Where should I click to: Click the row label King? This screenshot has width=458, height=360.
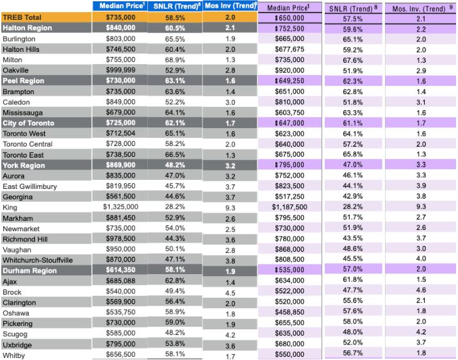[x=10, y=208]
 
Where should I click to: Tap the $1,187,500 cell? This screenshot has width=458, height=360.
[x=290, y=207]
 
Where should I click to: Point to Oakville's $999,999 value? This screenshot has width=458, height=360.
[x=120, y=70]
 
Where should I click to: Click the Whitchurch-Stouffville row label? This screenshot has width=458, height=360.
[x=37, y=260]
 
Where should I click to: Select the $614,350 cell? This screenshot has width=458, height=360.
[x=120, y=271]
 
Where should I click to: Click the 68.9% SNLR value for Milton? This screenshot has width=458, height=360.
[x=175, y=60]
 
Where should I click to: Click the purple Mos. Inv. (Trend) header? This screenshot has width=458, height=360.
[x=421, y=9]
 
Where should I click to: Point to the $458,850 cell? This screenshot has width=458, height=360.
[x=290, y=311]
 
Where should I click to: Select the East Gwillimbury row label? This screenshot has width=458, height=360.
[x=29, y=186]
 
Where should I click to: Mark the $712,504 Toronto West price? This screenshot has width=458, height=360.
[x=120, y=133]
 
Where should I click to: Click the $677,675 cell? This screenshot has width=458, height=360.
[x=290, y=49]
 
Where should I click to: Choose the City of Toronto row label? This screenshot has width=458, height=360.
[x=28, y=123]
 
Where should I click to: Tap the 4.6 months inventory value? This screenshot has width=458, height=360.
[x=421, y=290]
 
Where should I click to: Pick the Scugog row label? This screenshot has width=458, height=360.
[x=15, y=334]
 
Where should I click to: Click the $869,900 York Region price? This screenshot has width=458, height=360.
[x=120, y=165]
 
